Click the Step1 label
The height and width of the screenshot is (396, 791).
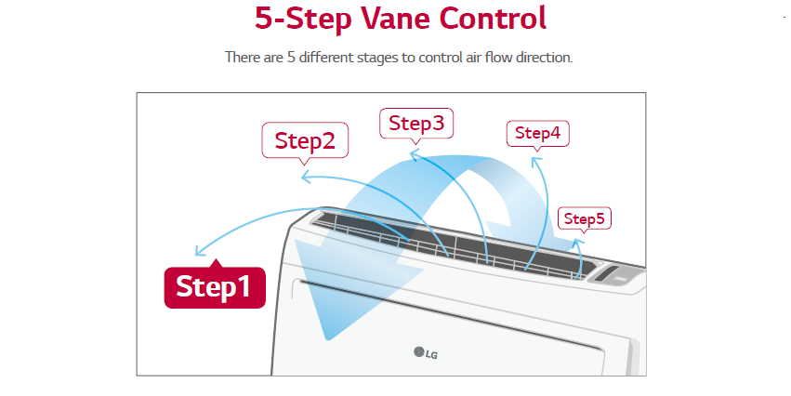tap(215, 286)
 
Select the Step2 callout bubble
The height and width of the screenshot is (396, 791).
tap(305, 140)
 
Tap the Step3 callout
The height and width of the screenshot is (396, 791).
tap(416, 124)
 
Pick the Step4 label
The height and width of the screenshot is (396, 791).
tap(538, 134)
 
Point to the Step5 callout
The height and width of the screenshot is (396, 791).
tap(584, 219)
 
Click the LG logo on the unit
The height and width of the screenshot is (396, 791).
tap(426, 353)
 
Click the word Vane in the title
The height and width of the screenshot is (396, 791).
tap(395, 19)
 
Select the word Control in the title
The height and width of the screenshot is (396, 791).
tap(493, 19)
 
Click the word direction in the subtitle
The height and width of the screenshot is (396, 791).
tap(544, 57)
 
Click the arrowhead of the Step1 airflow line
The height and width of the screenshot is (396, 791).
tap(200, 250)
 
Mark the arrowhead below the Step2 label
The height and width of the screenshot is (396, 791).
tap(307, 177)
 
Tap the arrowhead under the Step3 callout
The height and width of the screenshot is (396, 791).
tap(414, 155)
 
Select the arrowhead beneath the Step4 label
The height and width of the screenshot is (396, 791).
tap(536, 163)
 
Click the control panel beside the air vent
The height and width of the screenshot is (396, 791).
tap(615, 275)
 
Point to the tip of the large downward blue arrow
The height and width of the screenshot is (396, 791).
tap(328, 339)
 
